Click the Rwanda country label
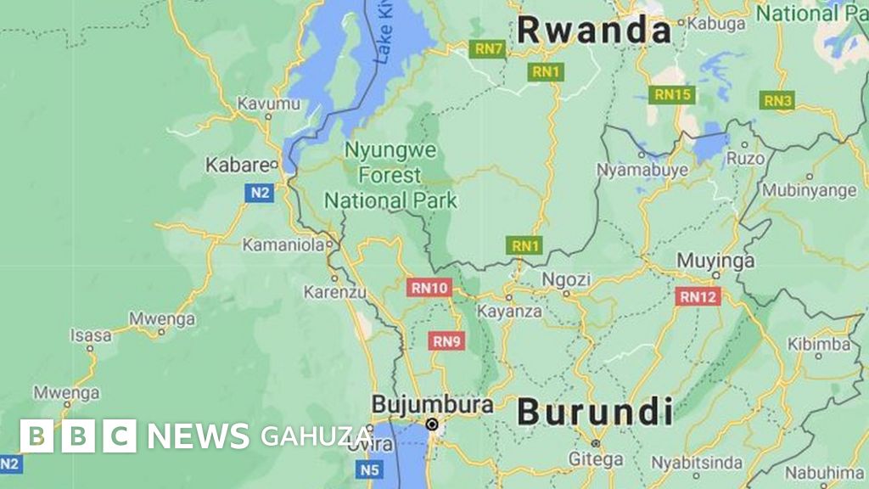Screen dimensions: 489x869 [593, 31]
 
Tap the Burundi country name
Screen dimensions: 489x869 [595, 413]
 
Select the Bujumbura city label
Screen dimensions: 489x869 [432, 404]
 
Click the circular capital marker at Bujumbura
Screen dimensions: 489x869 [432, 424]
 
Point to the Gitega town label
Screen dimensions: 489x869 [595, 459]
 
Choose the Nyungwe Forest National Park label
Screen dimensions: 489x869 [391, 176]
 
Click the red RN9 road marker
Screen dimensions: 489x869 [446, 341]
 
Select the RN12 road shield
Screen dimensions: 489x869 [698, 296]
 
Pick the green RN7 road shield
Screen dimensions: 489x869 [489, 49]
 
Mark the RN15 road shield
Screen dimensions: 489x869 [672, 94]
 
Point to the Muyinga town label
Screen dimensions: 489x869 [715, 261]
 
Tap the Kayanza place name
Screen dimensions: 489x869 [509, 311]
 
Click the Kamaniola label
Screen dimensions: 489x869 [283, 245]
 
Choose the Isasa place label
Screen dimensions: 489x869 [91, 335]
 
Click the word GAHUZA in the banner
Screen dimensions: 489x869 [316, 436]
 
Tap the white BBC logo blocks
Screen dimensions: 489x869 [78, 436]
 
